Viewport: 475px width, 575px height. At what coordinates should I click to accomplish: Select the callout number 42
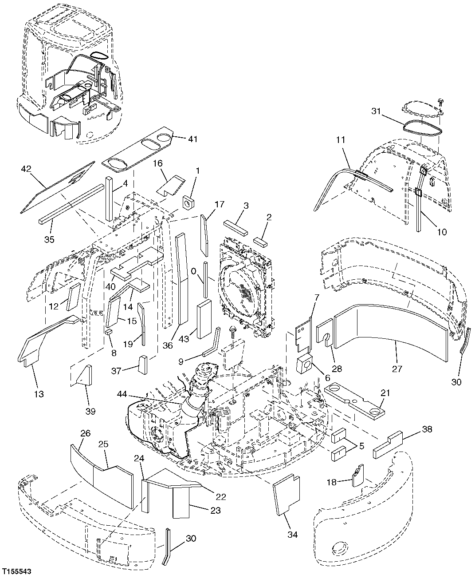(26, 169)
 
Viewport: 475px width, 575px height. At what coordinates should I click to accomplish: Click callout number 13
(39, 393)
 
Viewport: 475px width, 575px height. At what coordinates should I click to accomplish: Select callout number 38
(426, 429)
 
